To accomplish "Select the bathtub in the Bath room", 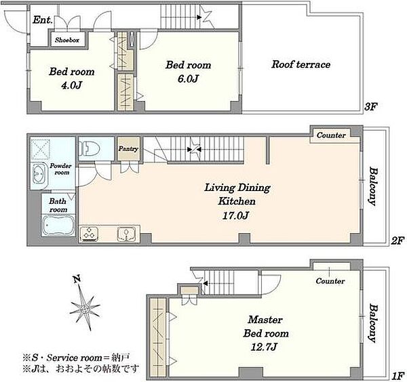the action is click(58, 226).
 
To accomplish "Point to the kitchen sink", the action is click(126, 234).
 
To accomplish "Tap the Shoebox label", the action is click(67, 40).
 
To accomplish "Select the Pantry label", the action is click(128, 149).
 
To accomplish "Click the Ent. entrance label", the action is click(43, 20).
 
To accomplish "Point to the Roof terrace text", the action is click(301, 64).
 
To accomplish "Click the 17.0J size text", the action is click(235, 215).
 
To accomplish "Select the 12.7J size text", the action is click(264, 347).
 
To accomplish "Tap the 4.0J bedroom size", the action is click(71, 85).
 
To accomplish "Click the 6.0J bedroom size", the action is click(188, 79).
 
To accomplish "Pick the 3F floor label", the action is click(370, 106).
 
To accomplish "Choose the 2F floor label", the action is click(398, 241).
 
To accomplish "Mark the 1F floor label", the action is click(398, 375).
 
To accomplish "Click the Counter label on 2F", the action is click(331, 135).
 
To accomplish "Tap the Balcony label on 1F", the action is click(372, 324).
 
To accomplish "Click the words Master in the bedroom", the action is click(265, 320).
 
